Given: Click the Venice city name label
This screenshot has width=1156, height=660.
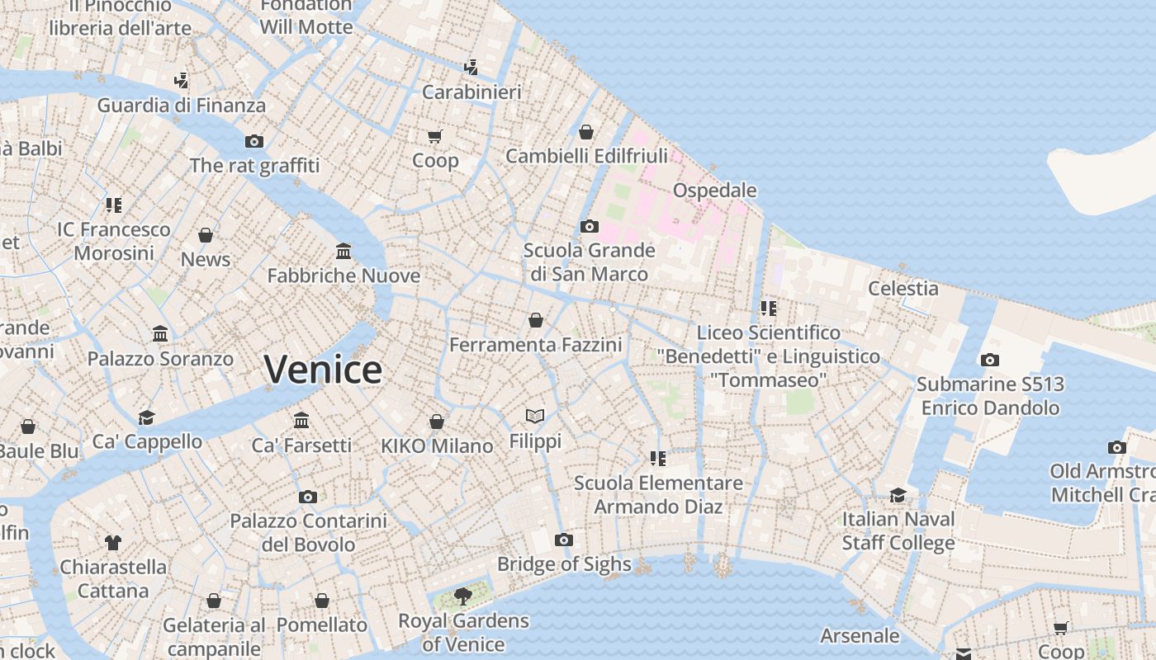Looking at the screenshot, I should coord(323,369).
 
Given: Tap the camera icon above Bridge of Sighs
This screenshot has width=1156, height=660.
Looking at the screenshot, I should coord(564,540).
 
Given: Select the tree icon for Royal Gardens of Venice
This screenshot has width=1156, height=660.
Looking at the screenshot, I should coord(463,596).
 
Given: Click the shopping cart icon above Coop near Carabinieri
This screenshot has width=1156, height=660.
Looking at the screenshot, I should coord(435,136).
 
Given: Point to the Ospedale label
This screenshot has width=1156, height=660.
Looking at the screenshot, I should coord(714,191).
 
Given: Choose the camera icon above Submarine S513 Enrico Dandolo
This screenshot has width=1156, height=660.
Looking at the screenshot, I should coord(989,360).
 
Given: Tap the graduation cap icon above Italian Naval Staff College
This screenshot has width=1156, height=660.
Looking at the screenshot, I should coord(898,495).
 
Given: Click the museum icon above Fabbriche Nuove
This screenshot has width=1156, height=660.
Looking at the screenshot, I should coord(343,251).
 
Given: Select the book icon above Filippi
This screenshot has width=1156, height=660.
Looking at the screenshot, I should coord(535,416).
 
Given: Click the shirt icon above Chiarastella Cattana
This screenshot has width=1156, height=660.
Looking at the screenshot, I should coord(113,542).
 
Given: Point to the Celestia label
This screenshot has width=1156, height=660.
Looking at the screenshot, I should coord(903,288).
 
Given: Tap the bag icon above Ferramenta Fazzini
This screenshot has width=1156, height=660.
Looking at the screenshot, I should coord(536,320).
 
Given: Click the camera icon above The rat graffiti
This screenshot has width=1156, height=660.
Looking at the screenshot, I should coord(254,141).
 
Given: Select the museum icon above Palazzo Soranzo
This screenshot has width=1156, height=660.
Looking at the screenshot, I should coord(160,334).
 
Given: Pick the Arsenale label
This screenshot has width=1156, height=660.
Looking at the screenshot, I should coord(860,635).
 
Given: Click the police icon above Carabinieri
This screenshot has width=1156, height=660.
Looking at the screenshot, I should coord(471,67).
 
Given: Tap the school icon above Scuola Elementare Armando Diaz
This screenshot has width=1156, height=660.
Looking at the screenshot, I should coord(658,458).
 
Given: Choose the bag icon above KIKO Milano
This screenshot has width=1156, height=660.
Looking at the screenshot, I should coord(437,422).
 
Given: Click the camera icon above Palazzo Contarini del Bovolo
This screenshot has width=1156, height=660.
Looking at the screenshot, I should coord(308,497).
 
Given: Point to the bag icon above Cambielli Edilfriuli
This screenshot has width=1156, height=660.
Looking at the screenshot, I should coord(586,132).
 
